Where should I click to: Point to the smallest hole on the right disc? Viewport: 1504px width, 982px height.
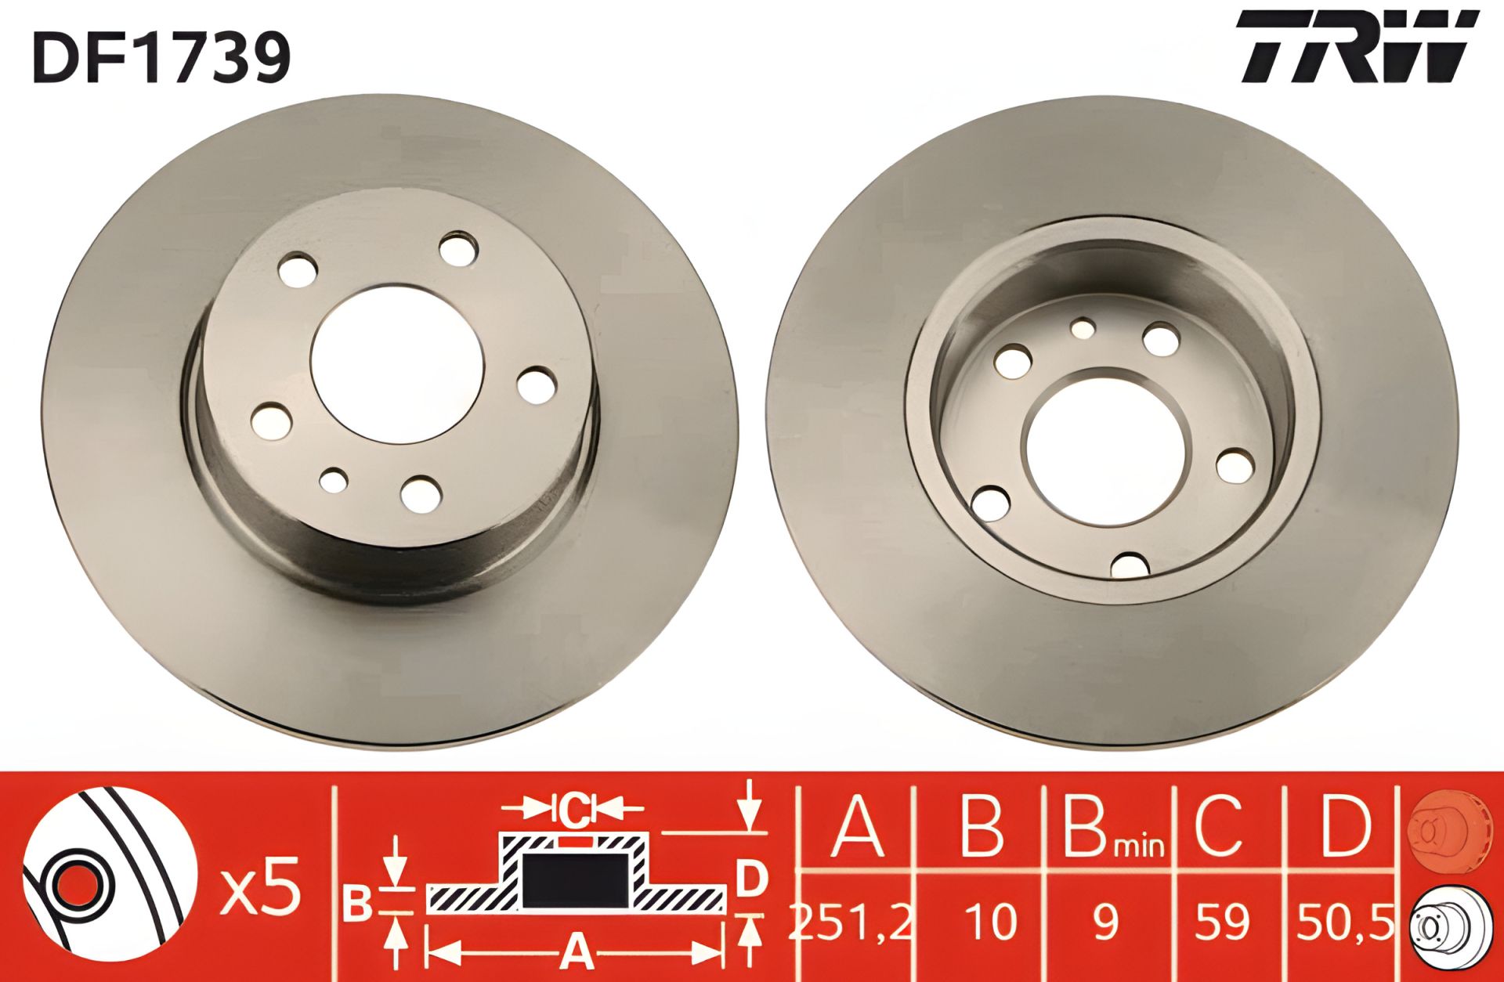click(x=1083, y=327)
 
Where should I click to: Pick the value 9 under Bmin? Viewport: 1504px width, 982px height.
click(x=1107, y=922)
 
